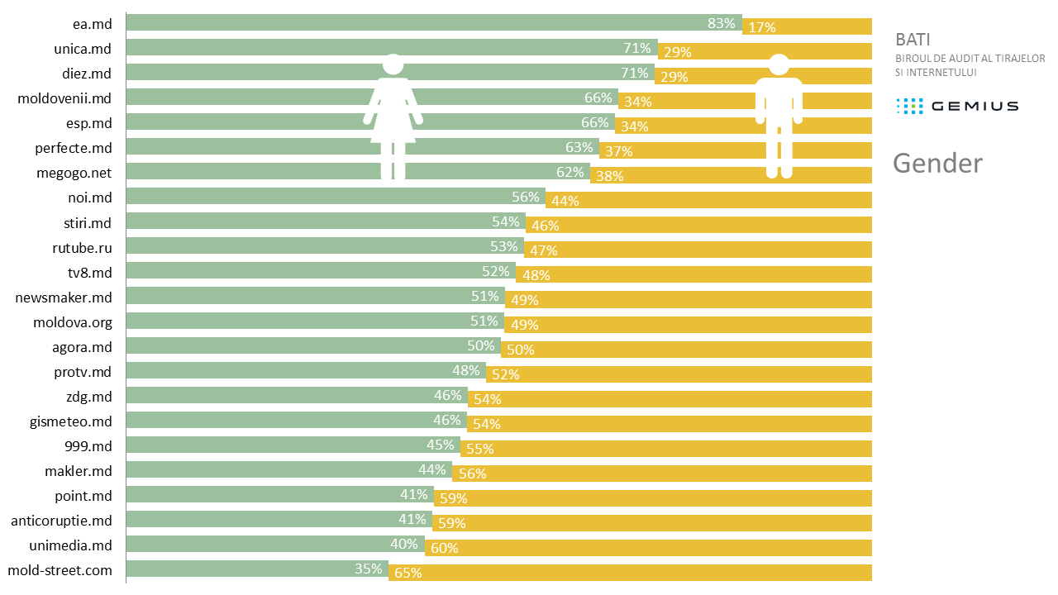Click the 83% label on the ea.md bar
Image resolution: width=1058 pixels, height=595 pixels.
[722, 23]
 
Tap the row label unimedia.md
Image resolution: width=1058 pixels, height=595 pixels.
[70, 546]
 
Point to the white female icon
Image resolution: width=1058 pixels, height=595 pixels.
[393, 116]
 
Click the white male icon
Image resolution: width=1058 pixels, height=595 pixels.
[779, 116]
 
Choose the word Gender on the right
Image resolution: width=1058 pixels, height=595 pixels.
[937, 163]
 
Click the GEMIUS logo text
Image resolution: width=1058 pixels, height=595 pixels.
[974, 106]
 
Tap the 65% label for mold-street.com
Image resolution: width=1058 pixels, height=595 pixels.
[408, 573]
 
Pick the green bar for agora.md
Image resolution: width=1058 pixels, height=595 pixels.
[298, 345]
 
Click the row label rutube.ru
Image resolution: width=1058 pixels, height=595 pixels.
[82, 247]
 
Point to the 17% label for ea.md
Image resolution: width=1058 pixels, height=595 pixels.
[761, 27]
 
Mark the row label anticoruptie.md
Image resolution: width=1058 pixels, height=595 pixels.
[61, 521]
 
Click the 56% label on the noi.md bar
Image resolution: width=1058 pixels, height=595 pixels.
[526, 197]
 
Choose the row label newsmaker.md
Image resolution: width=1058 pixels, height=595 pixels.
[64, 297]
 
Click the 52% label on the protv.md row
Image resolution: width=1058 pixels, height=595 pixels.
[505, 374]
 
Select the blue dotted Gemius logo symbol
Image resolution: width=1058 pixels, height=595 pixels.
[909, 106]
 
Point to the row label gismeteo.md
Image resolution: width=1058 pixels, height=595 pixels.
[71, 421]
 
